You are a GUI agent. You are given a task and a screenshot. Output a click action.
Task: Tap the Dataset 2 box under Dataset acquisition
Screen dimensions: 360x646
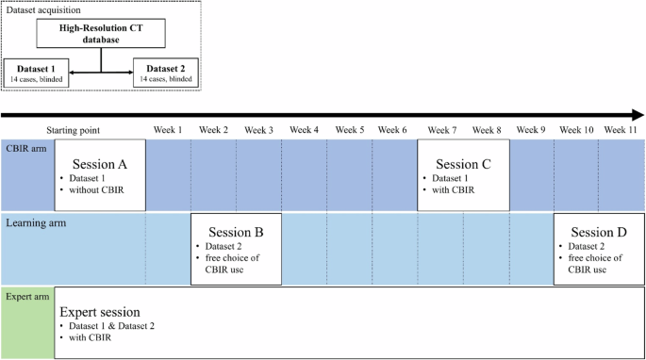coord(167,73)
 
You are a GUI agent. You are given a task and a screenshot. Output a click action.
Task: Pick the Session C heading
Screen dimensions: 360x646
coord(463,164)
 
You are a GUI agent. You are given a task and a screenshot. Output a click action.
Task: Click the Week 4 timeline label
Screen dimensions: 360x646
coord(304,130)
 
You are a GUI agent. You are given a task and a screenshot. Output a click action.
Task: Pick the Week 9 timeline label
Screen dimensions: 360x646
coord(531,130)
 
